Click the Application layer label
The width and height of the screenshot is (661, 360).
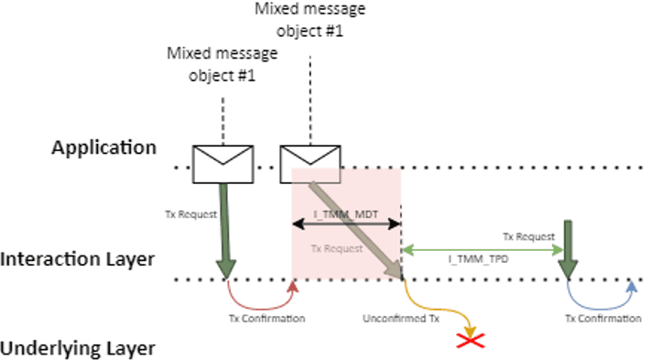[103, 147]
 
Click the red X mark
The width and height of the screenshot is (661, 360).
[471, 341]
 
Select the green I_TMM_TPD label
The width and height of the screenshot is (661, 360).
[472, 260]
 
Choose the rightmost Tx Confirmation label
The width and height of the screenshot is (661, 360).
[601, 318]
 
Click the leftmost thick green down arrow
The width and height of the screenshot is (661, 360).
[224, 229]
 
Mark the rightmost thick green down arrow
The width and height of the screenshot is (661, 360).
[569, 249]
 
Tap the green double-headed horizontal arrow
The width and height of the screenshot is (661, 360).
[481, 249]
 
